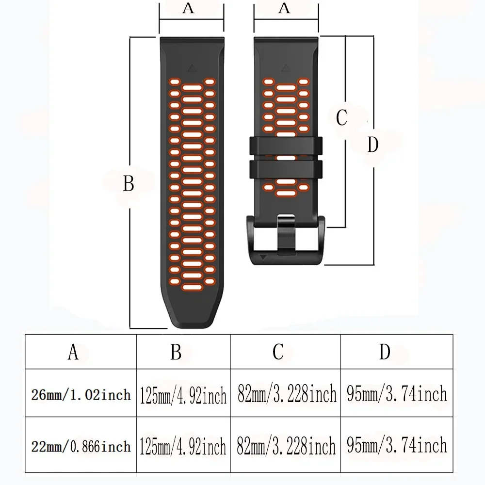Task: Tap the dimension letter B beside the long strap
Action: point(128,184)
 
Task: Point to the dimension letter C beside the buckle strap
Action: point(341,117)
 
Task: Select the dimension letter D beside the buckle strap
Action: point(372,145)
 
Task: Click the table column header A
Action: point(73,353)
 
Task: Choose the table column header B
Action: point(176,353)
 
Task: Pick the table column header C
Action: point(278,353)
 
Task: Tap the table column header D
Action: point(385,353)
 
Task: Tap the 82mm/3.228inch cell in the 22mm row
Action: point(287,446)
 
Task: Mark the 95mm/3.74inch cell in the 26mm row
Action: point(397,395)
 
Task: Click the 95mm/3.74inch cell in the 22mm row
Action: point(397,446)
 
